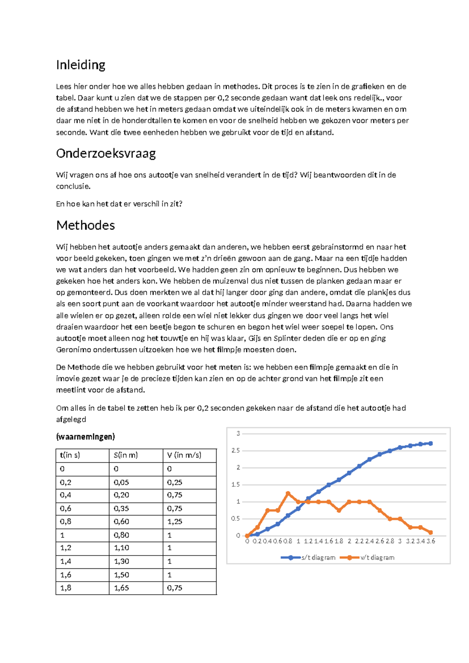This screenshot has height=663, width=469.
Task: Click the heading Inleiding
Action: [x=81, y=65]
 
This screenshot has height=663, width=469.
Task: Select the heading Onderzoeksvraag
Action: [x=106, y=153]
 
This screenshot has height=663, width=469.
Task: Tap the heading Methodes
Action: [x=85, y=226]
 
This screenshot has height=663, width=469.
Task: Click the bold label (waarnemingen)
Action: [x=85, y=437]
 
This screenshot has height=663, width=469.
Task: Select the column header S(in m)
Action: [x=125, y=455]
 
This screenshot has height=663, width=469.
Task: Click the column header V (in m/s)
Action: [x=184, y=455]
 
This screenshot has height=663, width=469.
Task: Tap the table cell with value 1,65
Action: [x=121, y=588]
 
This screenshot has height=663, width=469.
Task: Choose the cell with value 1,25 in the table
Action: [x=175, y=521]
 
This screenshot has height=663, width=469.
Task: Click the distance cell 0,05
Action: [x=121, y=482]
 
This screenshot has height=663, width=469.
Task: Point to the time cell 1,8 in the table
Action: [x=66, y=588]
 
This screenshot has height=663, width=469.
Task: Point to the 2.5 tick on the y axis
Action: [x=236, y=451]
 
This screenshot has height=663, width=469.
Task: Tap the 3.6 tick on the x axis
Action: [x=431, y=541]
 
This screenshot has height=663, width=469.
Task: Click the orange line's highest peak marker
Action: [x=288, y=493]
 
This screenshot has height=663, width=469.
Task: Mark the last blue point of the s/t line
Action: [x=431, y=443]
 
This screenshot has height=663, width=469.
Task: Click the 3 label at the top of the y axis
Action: [x=238, y=434]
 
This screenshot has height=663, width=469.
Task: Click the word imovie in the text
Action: [x=67, y=379]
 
